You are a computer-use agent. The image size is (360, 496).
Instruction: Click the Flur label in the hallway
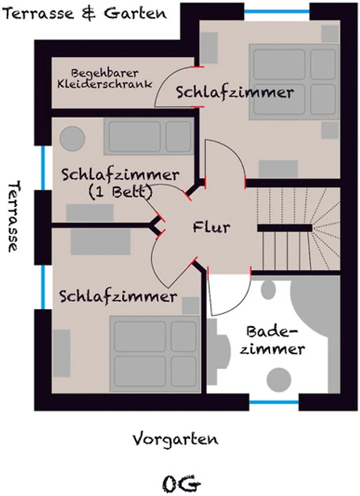211,227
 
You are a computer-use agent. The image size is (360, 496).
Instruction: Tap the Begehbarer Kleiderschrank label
105,79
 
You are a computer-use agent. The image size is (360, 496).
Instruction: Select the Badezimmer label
272,340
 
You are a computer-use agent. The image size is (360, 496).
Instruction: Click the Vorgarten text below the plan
175,440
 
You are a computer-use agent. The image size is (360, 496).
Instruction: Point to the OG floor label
182,484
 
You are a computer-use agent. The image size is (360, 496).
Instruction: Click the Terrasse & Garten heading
85,13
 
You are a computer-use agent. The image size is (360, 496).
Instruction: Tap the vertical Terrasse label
14,216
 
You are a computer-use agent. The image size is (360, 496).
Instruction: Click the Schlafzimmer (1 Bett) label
120,183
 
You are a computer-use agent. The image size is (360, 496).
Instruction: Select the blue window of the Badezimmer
274,402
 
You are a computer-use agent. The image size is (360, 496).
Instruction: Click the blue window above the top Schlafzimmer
276,12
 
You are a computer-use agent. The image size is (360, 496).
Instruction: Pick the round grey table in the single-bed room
72,138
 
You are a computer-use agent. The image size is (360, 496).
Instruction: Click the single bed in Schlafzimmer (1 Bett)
149,136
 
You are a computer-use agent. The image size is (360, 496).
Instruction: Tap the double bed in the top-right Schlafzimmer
294,82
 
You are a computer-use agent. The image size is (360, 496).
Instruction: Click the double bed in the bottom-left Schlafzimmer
155,354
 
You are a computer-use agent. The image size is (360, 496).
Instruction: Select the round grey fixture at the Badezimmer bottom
279,379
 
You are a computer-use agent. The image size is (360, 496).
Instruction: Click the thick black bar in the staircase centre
285,228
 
